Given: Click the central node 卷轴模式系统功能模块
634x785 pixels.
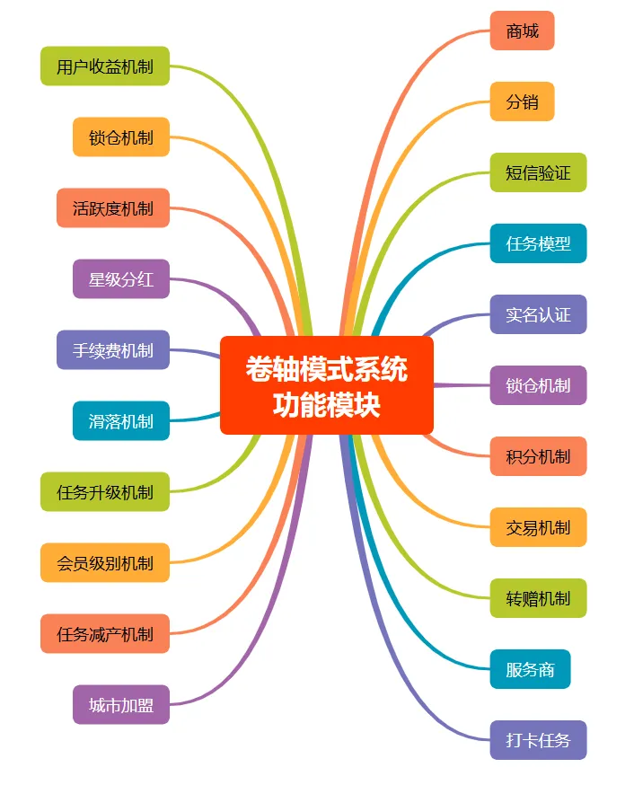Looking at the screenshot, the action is click(x=327, y=385).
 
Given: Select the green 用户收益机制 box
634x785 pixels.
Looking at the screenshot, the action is click(x=105, y=66).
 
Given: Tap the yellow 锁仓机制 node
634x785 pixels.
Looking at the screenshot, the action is click(x=121, y=137).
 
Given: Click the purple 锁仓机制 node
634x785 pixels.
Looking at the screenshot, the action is click(x=538, y=385).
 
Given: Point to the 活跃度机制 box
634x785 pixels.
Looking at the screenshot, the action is click(x=113, y=208).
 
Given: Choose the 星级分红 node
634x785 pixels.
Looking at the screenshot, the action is click(x=121, y=279).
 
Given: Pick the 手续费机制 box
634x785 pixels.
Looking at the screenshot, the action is click(x=113, y=350).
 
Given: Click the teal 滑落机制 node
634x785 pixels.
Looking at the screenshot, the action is click(x=121, y=421).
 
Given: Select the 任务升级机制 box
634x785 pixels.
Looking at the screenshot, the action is click(x=105, y=492).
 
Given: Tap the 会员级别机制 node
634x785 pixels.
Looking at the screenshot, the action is click(x=105, y=563).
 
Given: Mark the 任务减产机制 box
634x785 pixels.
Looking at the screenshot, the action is click(x=105, y=634).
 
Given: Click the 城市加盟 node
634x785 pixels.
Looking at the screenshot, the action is click(x=121, y=705).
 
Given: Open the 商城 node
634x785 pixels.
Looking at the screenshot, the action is click(x=522, y=31).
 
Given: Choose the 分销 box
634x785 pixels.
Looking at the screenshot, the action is click(x=522, y=101).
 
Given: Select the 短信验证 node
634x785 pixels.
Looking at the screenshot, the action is click(x=538, y=172).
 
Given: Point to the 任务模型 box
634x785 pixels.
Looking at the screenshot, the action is click(x=538, y=243).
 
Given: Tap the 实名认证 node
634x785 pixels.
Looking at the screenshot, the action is click(x=538, y=314).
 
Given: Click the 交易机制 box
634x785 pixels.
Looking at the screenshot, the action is click(x=538, y=527).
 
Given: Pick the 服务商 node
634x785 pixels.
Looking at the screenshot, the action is click(x=530, y=669).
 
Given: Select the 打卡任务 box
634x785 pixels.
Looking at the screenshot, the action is click(x=538, y=740).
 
